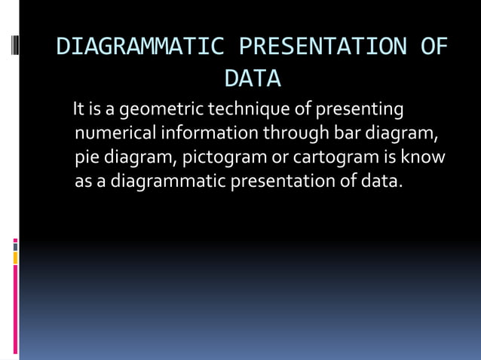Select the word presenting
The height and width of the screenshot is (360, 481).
coord(360,110)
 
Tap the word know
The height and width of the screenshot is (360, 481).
coord(423,157)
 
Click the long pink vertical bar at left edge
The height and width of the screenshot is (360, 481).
coord(15,309)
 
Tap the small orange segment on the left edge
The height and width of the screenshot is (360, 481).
coord(15,258)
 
